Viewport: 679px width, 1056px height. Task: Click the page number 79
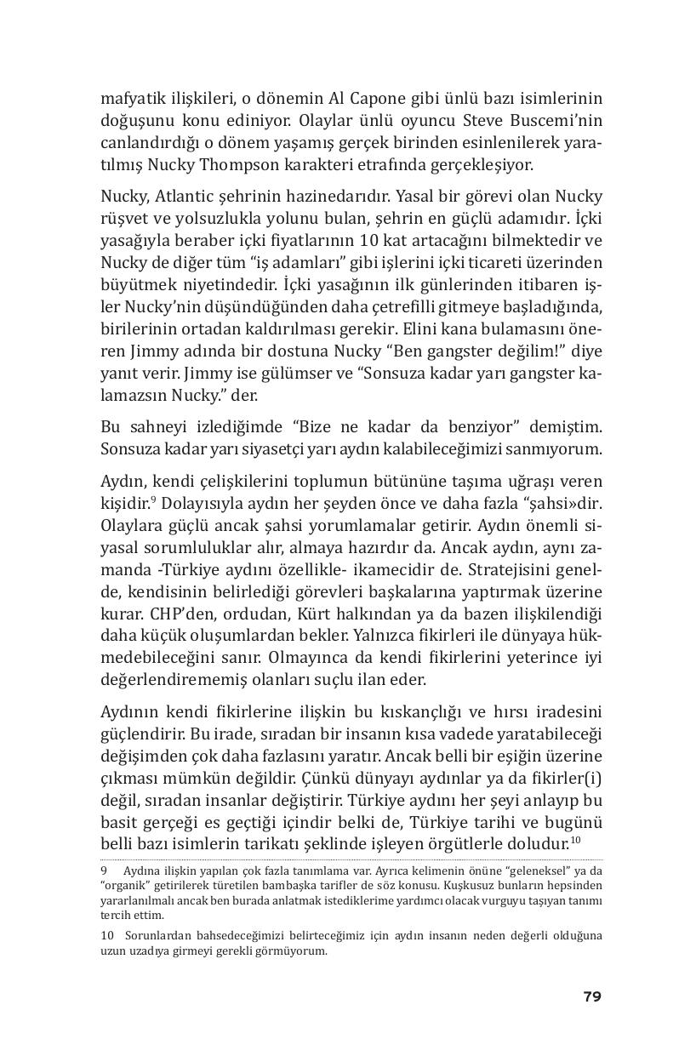pos(592,996)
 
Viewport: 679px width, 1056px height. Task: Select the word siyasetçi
pos(251,448)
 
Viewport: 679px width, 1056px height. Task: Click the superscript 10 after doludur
pos(575,841)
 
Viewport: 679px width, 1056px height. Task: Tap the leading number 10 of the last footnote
pos(107,936)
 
